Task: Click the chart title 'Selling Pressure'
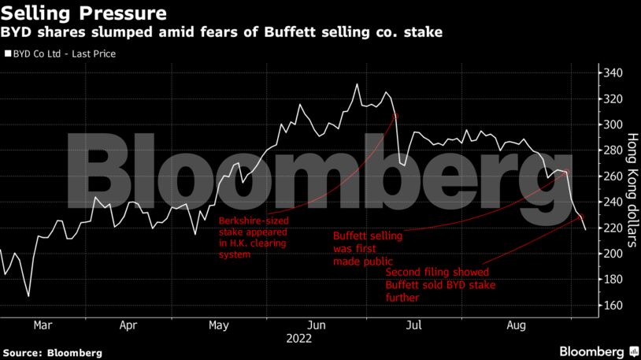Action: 83,13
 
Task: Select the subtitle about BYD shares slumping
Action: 221,33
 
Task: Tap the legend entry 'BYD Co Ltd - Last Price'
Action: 61,55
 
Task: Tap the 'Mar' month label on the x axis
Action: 43,324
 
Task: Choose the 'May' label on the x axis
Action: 219,324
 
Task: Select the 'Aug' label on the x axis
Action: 516,324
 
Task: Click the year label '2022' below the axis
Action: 300,338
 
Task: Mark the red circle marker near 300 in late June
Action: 395,116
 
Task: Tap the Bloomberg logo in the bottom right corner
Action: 598,349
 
